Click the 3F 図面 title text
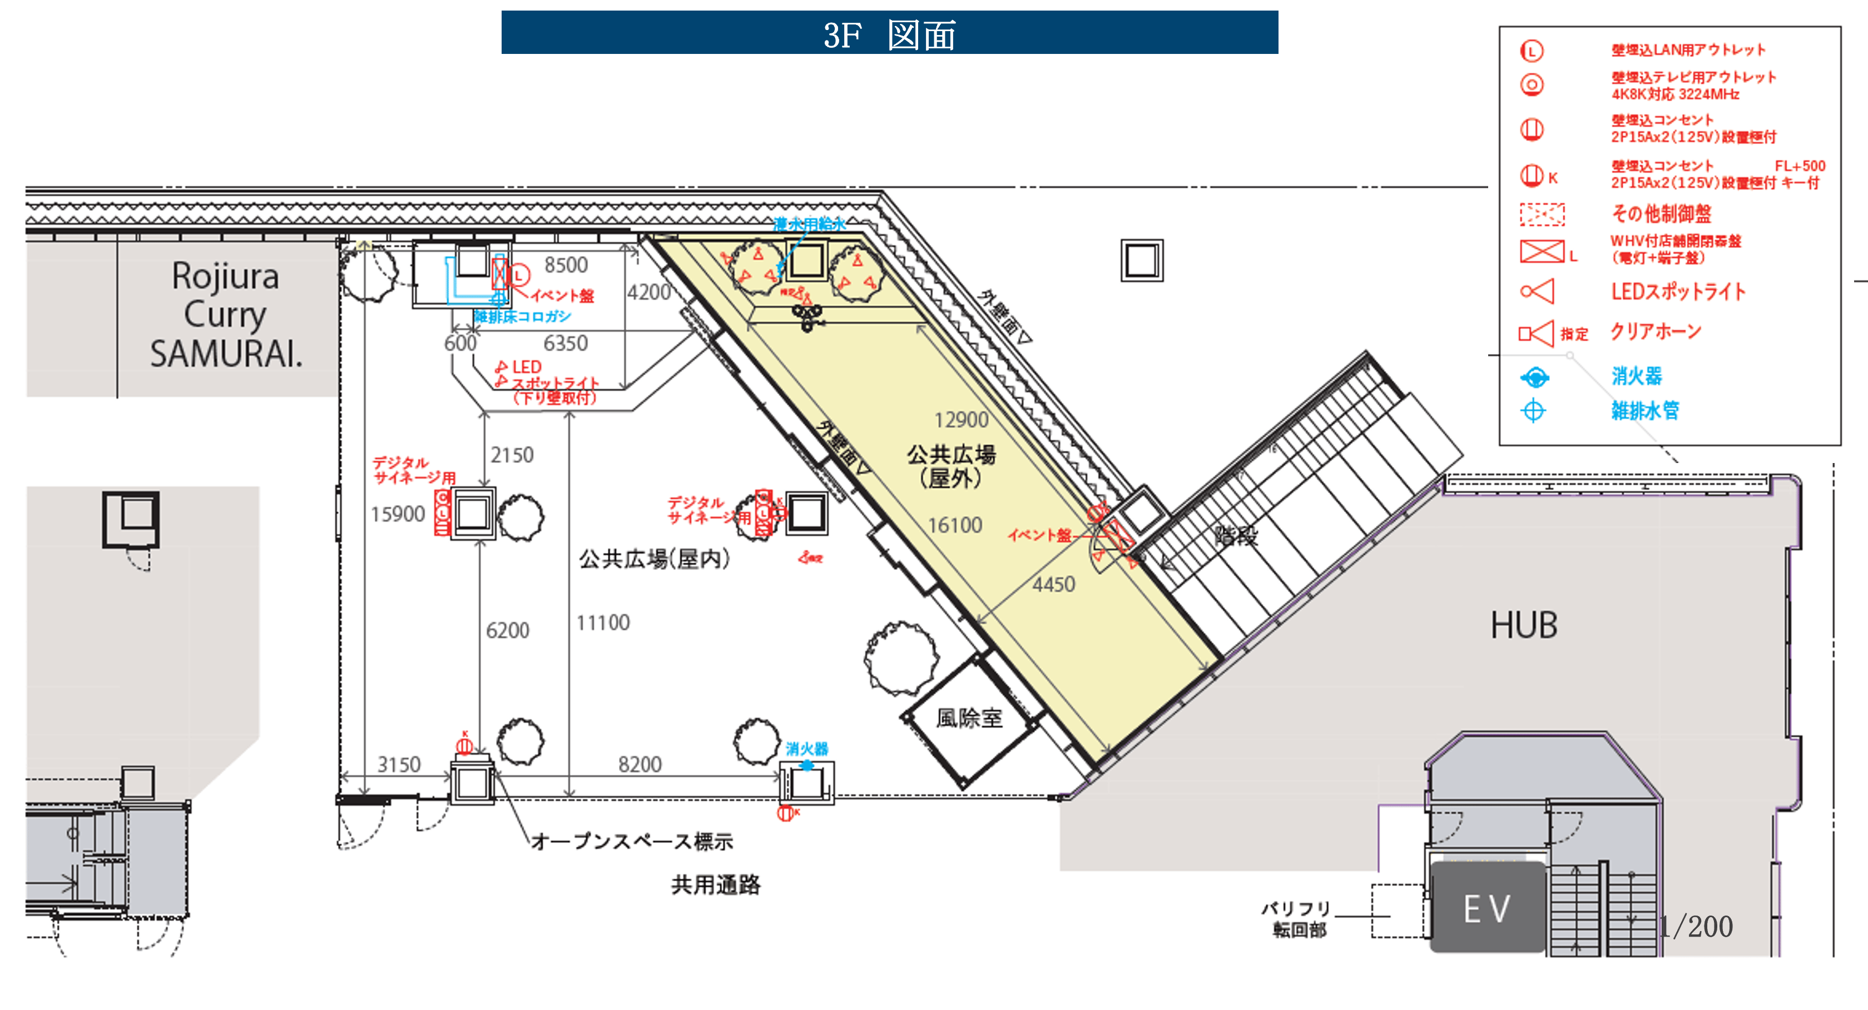[x=890, y=34]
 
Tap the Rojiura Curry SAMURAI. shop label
[x=226, y=315]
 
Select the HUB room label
[x=1524, y=625]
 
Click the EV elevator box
[x=1487, y=908]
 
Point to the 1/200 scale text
[x=1696, y=926]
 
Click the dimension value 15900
[x=398, y=514]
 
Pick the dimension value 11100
[x=603, y=623]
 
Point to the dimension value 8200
[x=640, y=764]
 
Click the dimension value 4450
[x=1054, y=584]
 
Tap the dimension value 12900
[x=961, y=420]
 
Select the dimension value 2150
[x=512, y=455]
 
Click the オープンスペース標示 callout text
[x=632, y=841]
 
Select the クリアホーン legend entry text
[x=1656, y=332]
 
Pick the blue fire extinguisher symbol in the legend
[x=1534, y=377]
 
